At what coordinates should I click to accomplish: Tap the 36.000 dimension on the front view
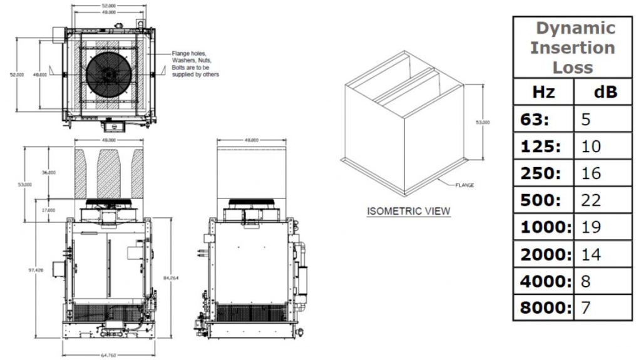48,171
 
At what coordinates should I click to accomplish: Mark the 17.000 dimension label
48,210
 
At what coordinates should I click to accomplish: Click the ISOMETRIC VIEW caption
408,211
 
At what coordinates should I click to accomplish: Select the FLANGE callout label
465,185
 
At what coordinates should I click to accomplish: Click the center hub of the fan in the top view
109,73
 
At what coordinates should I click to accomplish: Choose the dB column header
605,92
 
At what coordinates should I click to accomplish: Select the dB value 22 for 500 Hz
590,200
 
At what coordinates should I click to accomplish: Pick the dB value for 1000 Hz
590,227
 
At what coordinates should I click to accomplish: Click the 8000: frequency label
546,307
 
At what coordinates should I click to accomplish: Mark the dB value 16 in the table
590,173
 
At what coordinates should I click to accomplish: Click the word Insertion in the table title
572,48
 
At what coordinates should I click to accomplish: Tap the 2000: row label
546,254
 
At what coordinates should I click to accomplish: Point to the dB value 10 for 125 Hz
590,146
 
